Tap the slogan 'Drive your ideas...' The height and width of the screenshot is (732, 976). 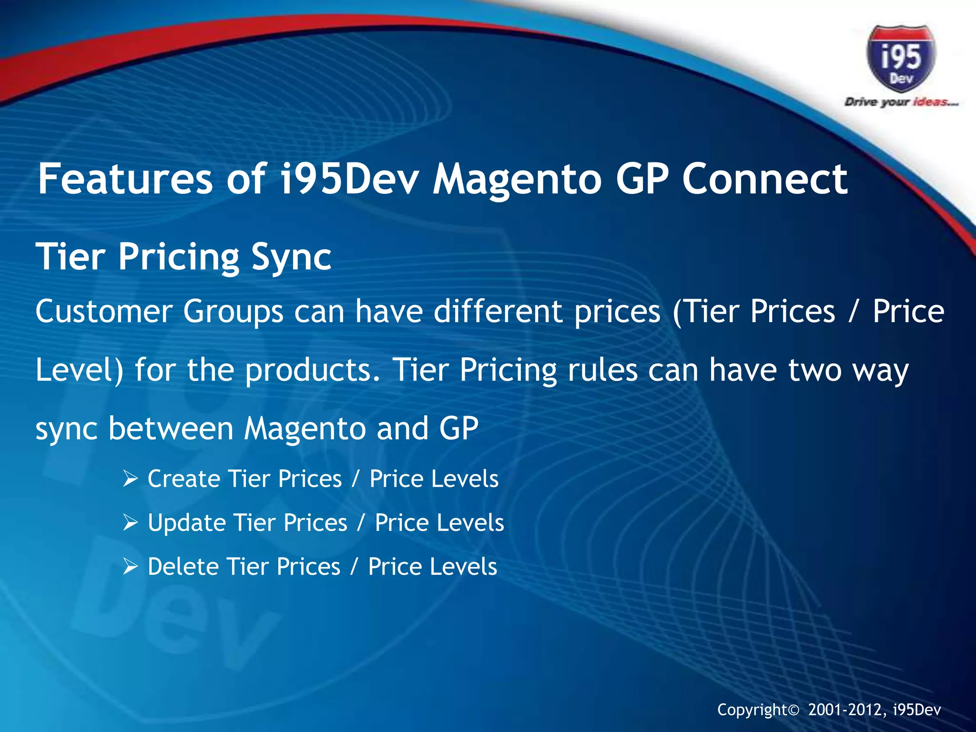(x=901, y=102)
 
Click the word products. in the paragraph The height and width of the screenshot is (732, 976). (x=313, y=370)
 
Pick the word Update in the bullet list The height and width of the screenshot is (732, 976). (x=186, y=522)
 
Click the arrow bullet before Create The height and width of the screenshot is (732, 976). (x=130, y=478)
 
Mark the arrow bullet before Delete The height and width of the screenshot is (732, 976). (x=130, y=567)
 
